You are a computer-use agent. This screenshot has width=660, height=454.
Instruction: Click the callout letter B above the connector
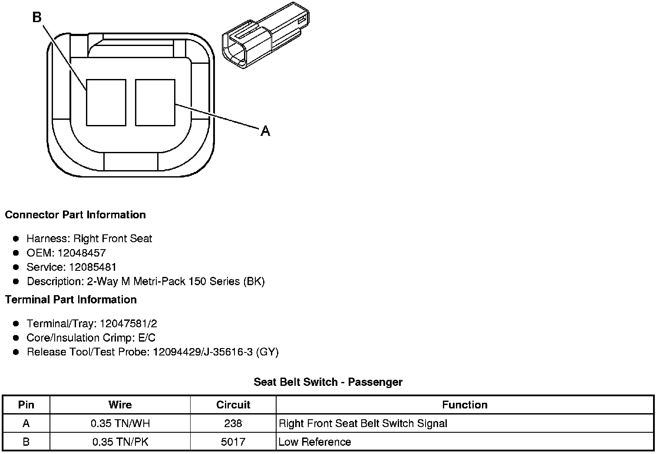(37, 17)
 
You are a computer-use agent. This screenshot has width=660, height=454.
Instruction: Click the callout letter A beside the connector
(265, 131)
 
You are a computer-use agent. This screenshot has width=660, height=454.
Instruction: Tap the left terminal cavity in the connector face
(106, 102)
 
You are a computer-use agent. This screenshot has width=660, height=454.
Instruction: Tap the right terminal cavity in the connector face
(155, 102)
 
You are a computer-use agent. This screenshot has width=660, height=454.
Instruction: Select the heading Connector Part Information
(75, 215)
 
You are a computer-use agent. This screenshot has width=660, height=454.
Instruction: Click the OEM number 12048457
(82, 253)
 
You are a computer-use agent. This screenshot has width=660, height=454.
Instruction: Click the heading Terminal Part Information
(71, 299)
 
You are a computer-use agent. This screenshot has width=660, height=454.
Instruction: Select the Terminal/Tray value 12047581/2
(129, 323)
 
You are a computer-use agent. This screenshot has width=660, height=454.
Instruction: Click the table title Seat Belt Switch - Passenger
(328, 382)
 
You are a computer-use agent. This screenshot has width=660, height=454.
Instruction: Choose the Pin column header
(26, 405)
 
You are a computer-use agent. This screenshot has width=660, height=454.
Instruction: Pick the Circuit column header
(233, 405)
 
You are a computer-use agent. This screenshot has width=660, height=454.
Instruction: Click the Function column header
(465, 405)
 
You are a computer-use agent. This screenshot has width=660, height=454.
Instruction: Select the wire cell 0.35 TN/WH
(120, 423)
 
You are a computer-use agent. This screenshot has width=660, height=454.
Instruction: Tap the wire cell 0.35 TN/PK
(120, 442)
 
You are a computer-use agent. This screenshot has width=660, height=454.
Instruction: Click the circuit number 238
(233, 423)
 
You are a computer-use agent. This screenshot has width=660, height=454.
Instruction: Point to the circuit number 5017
(233, 442)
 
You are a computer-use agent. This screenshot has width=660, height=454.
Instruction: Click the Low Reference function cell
(315, 442)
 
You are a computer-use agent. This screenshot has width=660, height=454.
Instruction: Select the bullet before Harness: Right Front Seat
(16, 238)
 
